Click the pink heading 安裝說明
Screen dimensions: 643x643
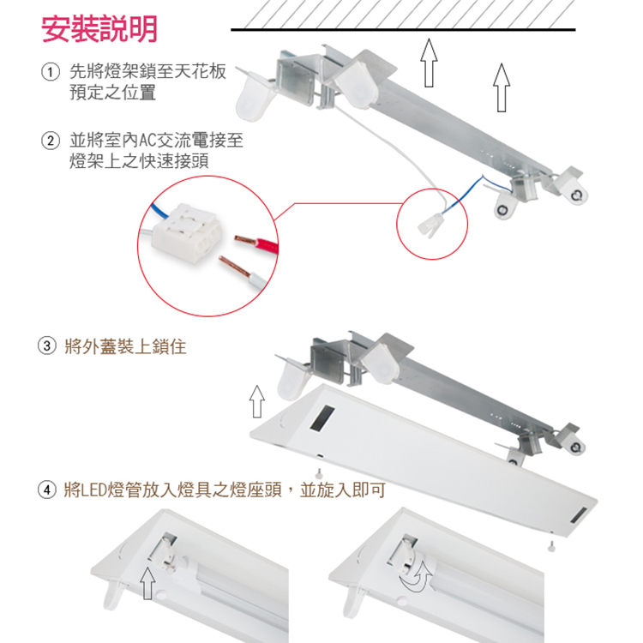coord(100,29)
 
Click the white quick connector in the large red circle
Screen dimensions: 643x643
coord(188,232)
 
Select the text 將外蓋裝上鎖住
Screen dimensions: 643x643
coord(125,347)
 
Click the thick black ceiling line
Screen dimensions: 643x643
coord(403,31)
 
